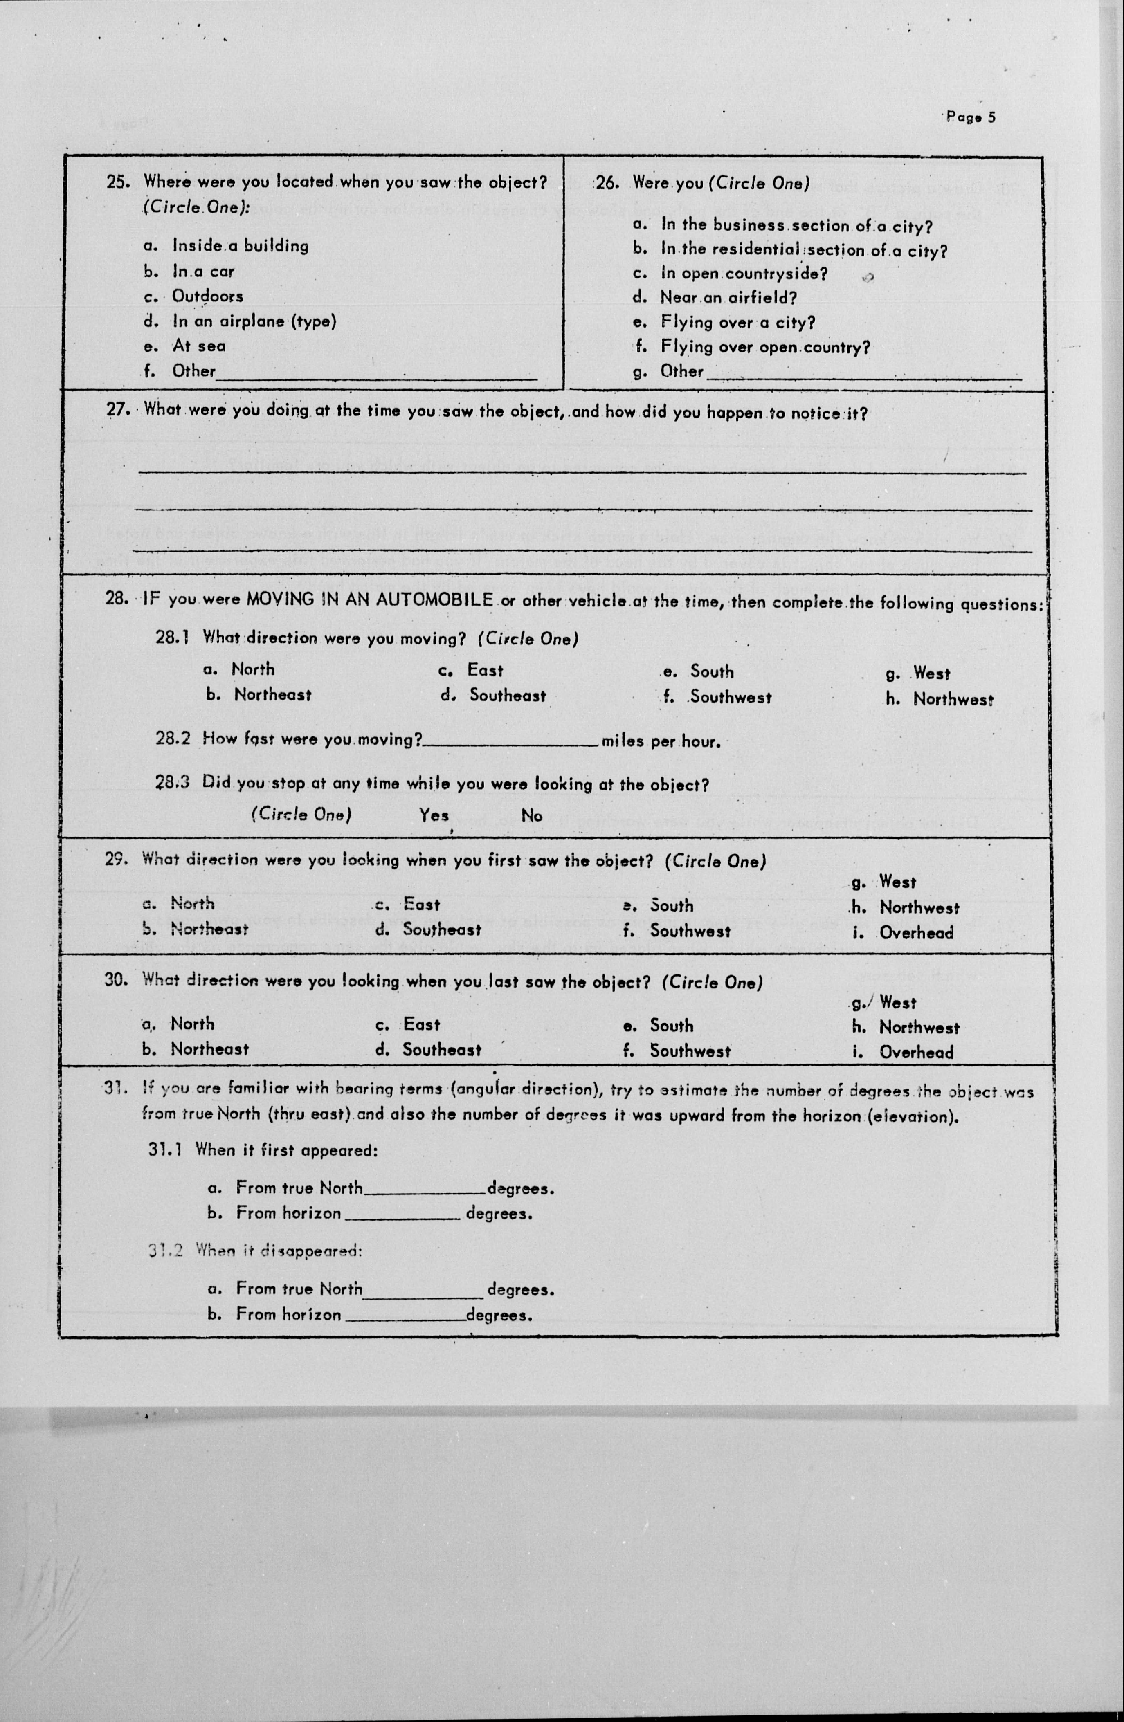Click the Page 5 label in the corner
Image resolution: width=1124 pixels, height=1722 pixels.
[x=971, y=117]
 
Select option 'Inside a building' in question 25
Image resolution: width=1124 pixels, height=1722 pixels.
[x=240, y=246]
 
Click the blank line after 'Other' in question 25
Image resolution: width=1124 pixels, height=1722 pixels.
[x=376, y=376]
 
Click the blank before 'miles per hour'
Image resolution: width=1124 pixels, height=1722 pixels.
[x=511, y=742]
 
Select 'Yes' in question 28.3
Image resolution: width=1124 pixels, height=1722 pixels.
[x=434, y=815]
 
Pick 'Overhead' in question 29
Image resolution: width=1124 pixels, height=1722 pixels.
[x=916, y=933]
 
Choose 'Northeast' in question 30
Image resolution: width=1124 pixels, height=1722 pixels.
[x=209, y=1049]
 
